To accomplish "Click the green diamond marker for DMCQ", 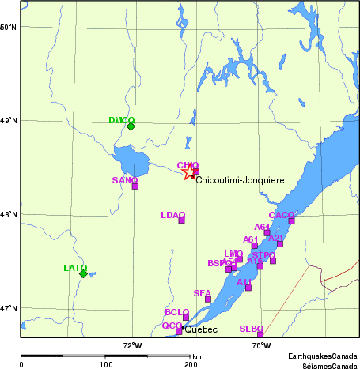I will click(131, 126).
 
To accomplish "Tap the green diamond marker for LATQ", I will click(83, 273).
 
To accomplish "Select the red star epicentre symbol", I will click(188, 173).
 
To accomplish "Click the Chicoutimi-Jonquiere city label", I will click(240, 181).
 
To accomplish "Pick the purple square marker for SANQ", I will click(135, 186).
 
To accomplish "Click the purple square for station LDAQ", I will click(182, 220).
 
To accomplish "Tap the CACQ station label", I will click(281, 215).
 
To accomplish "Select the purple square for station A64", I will click(267, 233).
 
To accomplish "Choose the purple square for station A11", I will click(248, 288).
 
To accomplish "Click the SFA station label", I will click(202, 293).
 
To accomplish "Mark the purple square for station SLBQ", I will click(260, 334).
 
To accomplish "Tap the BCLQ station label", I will click(176, 312).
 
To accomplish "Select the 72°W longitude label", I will click(132, 345).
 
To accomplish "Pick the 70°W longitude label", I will click(261, 345).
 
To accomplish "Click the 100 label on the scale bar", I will click(105, 365).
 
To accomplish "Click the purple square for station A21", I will click(280, 244).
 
